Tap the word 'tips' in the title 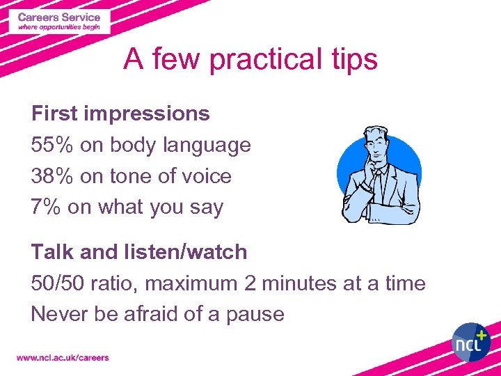coord(353,60)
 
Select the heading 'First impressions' coord(120,113)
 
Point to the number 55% coord(52,145)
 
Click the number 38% coord(52,176)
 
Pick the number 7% coord(46,207)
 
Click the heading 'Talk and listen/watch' coord(139,251)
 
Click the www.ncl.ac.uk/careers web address coord(63,357)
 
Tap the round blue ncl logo coord(471,342)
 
